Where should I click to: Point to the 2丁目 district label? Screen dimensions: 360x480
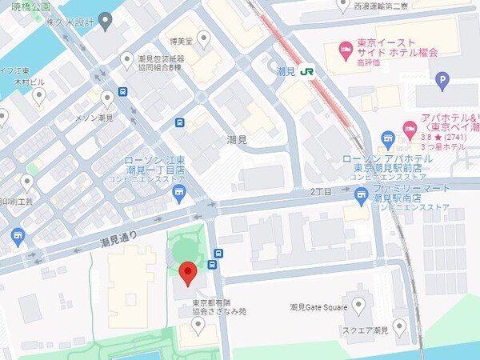(322, 193)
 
